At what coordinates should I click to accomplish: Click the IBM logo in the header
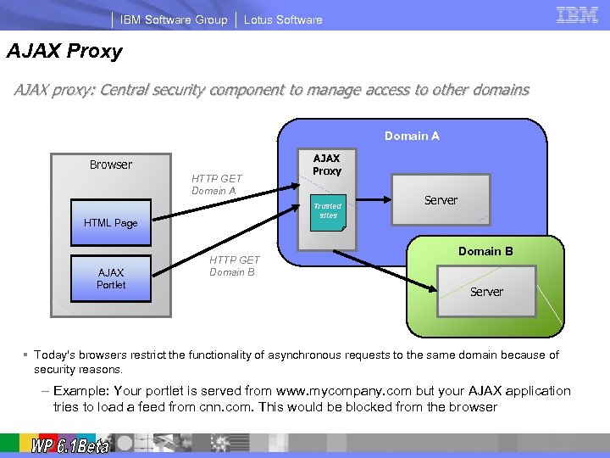pyautogui.click(x=577, y=15)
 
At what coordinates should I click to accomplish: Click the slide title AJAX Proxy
pyautogui.click(x=65, y=52)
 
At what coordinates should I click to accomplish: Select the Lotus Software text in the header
pyautogui.click(x=283, y=20)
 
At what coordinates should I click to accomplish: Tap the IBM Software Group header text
pyautogui.click(x=174, y=20)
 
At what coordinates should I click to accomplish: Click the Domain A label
pyautogui.click(x=412, y=136)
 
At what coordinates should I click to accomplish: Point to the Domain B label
pyautogui.click(x=485, y=251)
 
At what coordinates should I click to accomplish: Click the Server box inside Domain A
pyautogui.click(x=441, y=200)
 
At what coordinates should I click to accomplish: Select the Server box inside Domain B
pyautogui.click(x=486, y=291)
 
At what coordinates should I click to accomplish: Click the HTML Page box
pyautogui.click(x=110, y=222)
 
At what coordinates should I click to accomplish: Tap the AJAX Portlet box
pyautogui.click(x=110, y=278)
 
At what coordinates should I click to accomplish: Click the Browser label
pyautogui.click(x=111, y=165)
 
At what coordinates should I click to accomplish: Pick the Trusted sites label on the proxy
pyautogui.click(x=327, y=210)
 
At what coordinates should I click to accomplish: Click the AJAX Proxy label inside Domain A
pyautogui.click(x=327, y=165)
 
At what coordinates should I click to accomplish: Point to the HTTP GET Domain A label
pyautogui.click(x=216, y=184)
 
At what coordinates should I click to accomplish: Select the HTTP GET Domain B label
pyautogui.click(x=235, y=265)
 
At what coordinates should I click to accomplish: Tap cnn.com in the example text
pyautogui.click(x=227, y=407)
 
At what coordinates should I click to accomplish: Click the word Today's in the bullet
pyautogui.click(x=55, y=355)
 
